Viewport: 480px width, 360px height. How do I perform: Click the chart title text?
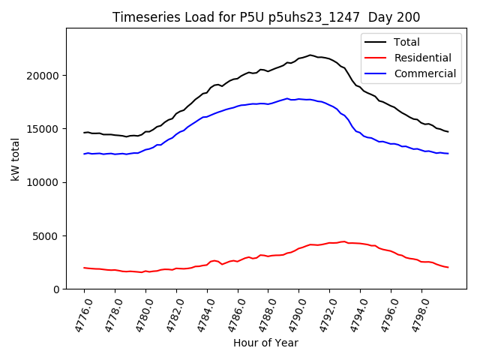[x=266, y=17]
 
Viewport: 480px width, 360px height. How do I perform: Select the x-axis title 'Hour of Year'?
[x=265, y=343]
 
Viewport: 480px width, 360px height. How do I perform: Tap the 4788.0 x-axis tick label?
[x=260, y=316]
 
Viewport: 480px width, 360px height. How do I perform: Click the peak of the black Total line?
[x=310, y=55]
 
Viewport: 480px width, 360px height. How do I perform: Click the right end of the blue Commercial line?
[x=448, y=154]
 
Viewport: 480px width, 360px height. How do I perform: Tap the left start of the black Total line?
[x=84, y=133]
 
